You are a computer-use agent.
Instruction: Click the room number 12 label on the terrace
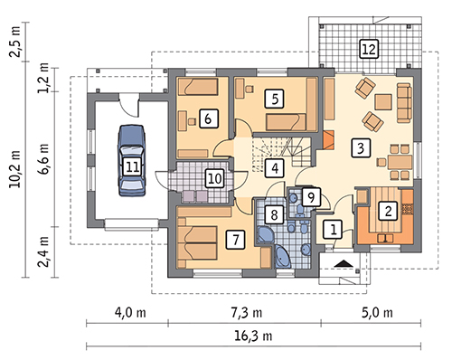(369, 49)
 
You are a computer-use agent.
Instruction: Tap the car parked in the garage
(132, 160)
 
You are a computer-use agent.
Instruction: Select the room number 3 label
(361, 147)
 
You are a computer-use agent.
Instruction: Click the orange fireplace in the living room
(329, 139)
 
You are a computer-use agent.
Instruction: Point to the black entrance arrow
(344, 263)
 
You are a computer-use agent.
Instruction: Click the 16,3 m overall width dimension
(253, 336)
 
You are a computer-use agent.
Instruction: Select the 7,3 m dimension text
(247, 313)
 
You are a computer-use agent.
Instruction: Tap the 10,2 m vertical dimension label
(14, 169)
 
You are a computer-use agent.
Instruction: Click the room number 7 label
(235, 240)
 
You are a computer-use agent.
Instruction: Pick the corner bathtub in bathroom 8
(283, 256)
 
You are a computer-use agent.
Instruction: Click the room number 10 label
(215, 178)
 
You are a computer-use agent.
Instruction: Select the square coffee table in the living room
(383, 102)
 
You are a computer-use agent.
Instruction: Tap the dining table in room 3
(400, 162)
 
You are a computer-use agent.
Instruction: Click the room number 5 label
(274, 99)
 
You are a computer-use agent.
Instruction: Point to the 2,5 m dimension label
(14, 42)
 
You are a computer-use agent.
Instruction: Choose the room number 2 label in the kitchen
(388, 211)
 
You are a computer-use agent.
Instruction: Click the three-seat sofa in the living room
(404, 103)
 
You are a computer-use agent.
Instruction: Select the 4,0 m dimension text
(130, 313)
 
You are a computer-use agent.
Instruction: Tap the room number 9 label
(311, 197)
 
